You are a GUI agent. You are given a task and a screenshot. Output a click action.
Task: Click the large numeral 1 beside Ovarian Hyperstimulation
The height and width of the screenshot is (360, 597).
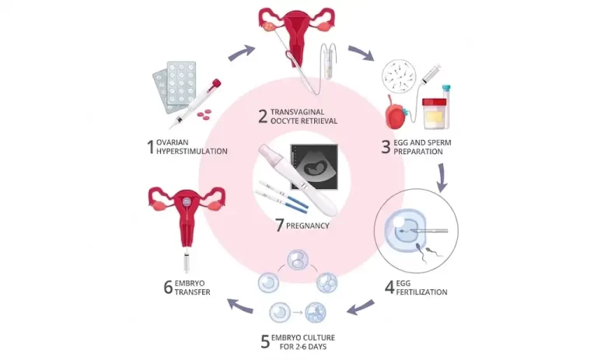151,147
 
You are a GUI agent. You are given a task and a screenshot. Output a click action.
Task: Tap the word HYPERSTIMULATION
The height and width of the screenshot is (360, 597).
192,152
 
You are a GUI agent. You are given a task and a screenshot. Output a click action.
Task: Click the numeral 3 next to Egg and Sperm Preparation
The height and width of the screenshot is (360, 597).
386,147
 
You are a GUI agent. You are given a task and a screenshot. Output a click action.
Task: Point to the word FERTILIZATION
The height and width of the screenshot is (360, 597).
422,292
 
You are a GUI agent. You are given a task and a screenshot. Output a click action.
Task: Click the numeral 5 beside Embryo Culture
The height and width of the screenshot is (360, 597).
265,341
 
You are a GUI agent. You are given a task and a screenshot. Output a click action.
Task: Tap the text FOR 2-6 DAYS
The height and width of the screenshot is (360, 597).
303,347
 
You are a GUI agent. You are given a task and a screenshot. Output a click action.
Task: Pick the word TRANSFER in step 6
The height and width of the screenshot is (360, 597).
192,292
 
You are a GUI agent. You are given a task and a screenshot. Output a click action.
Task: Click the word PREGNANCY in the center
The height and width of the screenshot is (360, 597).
308,226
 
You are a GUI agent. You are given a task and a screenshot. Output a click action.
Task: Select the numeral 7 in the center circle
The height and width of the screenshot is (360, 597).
280,225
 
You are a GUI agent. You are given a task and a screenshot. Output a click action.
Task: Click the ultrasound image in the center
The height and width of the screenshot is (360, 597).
314,166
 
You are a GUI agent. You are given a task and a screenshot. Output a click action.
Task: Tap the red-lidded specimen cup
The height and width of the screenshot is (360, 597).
435,114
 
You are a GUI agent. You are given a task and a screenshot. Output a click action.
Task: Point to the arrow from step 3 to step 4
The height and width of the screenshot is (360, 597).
442,178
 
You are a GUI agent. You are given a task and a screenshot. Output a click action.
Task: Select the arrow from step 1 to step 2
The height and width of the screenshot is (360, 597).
242,53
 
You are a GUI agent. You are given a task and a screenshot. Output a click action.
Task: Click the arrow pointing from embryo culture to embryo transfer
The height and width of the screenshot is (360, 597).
240,306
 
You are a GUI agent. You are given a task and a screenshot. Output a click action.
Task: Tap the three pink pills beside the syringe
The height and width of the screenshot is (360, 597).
204,114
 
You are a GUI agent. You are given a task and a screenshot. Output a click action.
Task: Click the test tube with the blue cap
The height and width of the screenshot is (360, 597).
446,107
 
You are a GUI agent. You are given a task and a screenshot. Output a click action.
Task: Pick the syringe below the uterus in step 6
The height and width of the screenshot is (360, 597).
187,261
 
